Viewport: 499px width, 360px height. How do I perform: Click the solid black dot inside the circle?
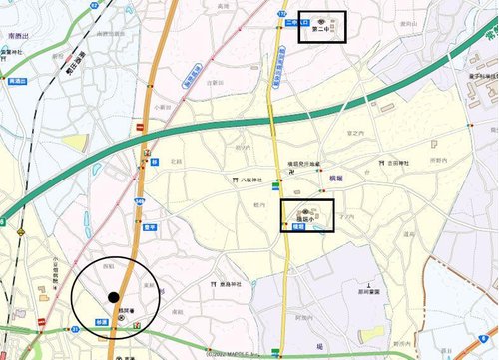point(114,296)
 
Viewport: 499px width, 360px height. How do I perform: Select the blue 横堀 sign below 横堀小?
point(296,228)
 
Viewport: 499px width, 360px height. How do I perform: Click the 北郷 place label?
point(176,160)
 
